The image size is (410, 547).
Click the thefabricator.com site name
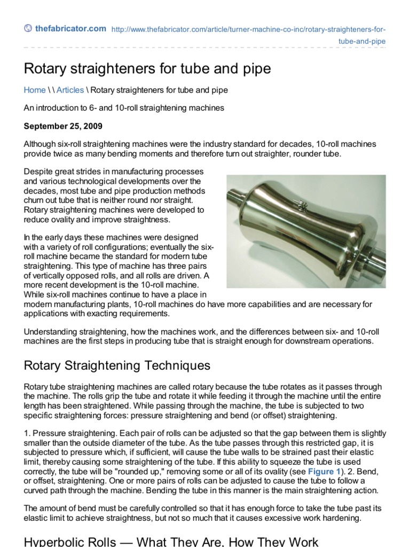tap(70, 29)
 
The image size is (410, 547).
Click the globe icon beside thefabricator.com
tap(28, 29)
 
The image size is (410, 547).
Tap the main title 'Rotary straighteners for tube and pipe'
tap(147, 69)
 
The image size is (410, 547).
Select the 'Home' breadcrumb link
tap(35, 90)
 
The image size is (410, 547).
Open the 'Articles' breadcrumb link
tap(70, 90)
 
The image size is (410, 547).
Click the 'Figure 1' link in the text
tap(323, 472)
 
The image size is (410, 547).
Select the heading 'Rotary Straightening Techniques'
tap(117, 366)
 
